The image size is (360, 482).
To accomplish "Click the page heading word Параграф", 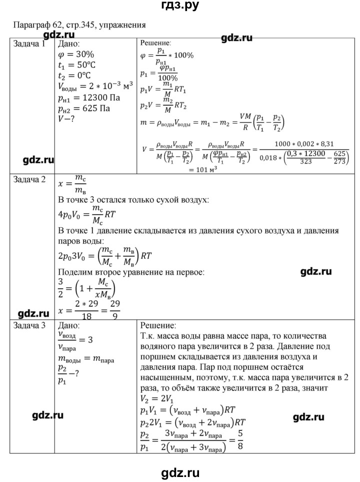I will tap(30, 24).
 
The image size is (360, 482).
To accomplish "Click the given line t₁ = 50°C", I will tap(82, 65).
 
